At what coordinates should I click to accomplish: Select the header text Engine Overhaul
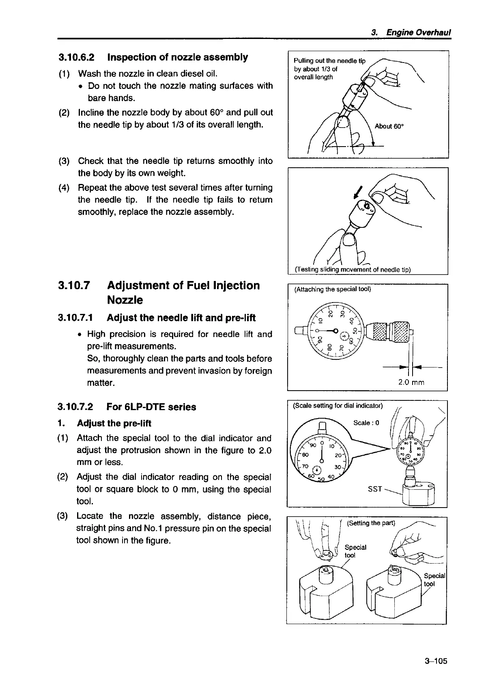pos(419,32)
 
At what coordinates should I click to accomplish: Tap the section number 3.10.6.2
pos(77,57)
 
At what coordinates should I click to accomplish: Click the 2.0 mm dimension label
pos(411,382)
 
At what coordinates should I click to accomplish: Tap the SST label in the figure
pos(374,489)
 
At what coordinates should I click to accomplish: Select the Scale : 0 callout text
pos(366,423)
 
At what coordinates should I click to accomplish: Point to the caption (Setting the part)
pos(371,523)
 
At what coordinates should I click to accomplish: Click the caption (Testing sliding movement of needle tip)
pos(353,270)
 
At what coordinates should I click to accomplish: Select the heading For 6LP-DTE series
pos(151,407)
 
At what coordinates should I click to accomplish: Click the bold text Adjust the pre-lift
pos(114,424)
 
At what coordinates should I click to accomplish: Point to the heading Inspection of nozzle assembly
pos(177,57)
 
